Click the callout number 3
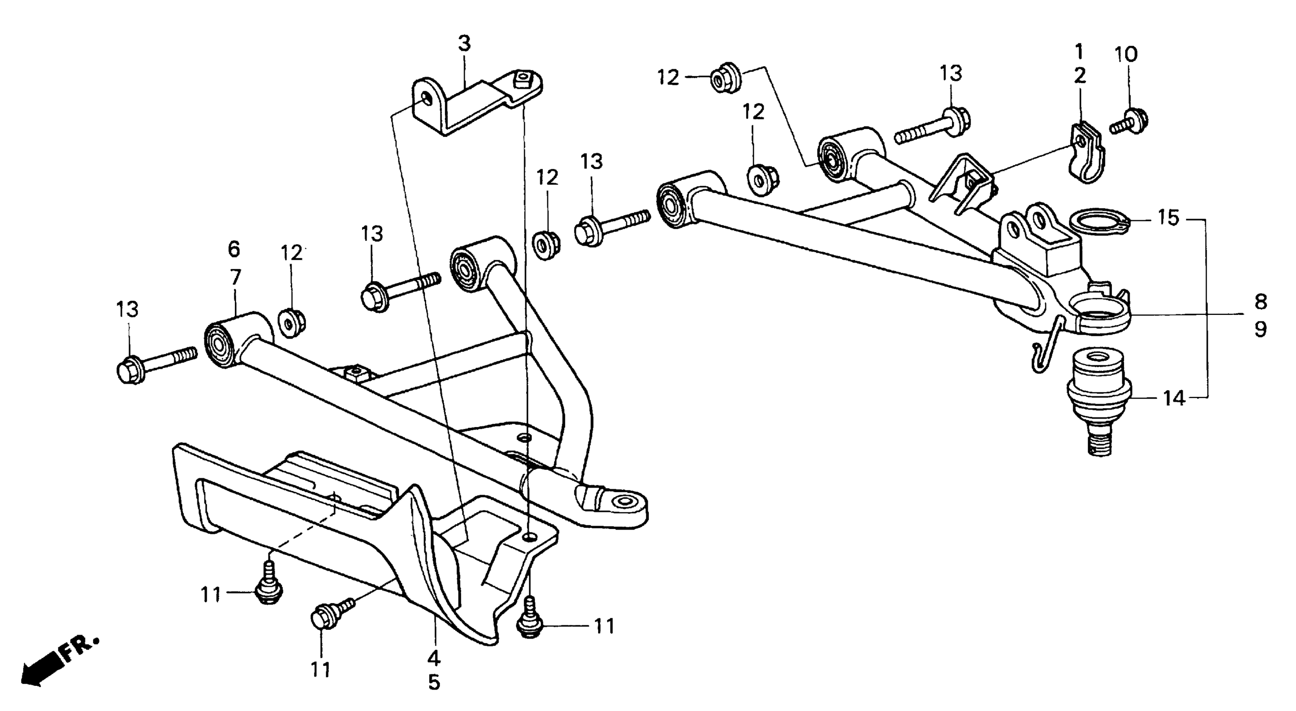[x=464, y=44]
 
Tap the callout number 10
[x=1126, y=54]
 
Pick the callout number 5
[x=434, y=682]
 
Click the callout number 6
[x=234, y=249]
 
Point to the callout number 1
[x=1079, y=51]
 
